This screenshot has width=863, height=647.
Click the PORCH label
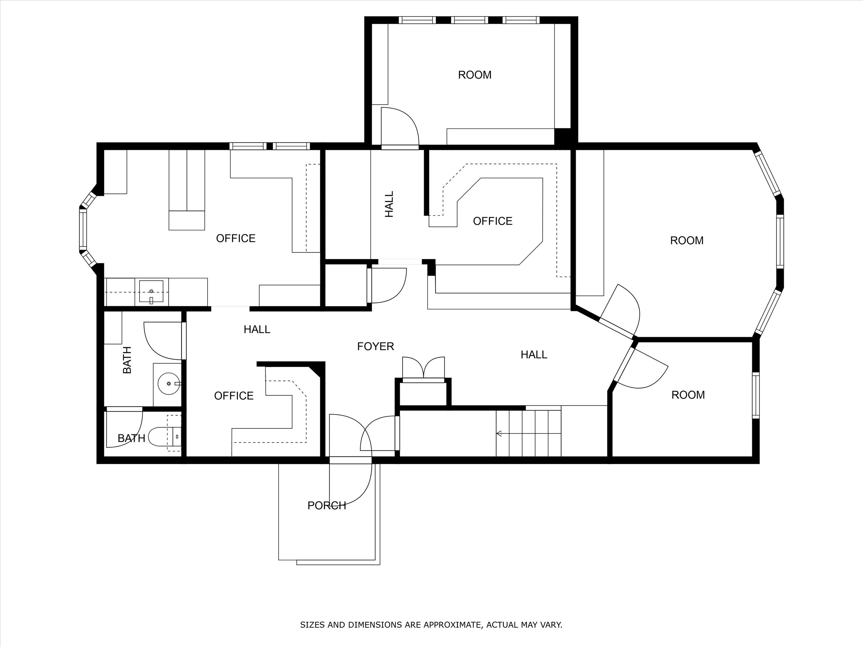[327, 506]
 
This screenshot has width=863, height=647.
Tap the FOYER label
[375, 346]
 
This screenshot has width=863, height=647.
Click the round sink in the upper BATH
[169, 384]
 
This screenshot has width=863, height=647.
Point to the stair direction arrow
[499, 433]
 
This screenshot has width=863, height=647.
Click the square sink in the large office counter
[151, 291]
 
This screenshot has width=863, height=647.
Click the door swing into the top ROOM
[398, 127]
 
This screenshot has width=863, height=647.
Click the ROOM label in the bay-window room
[687, 240]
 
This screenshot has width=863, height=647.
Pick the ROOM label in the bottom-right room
[688, 395]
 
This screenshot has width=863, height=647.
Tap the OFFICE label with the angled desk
[492, 221]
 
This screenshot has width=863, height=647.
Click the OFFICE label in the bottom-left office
[234, 396]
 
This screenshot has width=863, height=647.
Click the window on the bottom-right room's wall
[756, 395]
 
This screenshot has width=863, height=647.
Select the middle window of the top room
[469, 20]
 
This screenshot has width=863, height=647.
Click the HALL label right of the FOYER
[534, 354]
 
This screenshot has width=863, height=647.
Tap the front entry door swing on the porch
[349, 483]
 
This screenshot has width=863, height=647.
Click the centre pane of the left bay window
[83, 230]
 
